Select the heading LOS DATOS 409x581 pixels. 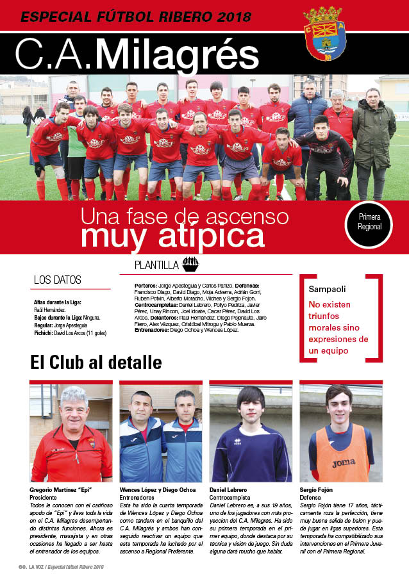tap(58, 279)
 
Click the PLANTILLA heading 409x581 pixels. tap(156, 265)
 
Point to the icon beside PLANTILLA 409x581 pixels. tap(190, 264)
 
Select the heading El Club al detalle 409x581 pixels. tap(96, 363)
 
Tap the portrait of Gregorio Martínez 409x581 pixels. tap(71, 433)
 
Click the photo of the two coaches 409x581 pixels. tap(161, 433)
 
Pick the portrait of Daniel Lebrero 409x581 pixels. tap(251, 433)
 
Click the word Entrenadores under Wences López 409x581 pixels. tap(139, 497)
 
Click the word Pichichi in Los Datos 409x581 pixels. tap(44, 333)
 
